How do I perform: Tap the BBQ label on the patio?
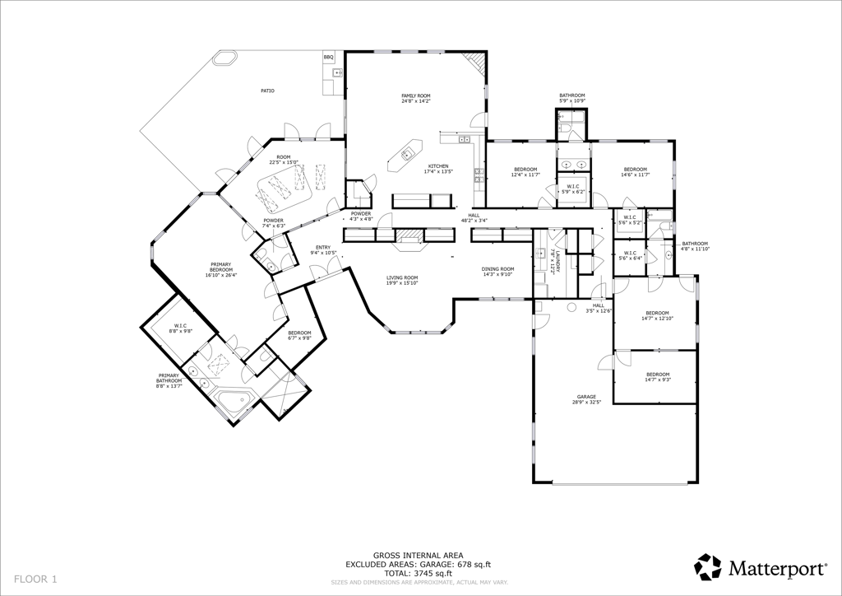tap(328, 57)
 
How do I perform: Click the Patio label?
tap(267, 91)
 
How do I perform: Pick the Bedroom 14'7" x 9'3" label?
tap(657, 377)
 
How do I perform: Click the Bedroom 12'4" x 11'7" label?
tap(525, 171)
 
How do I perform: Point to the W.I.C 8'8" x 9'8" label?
tap(180, 328)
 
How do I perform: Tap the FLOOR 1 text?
tap(35, 580)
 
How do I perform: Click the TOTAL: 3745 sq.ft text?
tap(419, 573)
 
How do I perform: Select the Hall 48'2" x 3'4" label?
tap(474, 218)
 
